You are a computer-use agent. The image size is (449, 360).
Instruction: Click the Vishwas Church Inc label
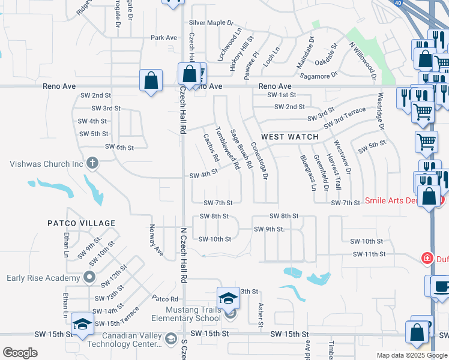point(46,163)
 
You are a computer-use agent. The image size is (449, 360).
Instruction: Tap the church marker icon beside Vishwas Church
point(92,163)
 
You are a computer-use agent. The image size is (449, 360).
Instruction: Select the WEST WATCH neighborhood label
point(290,137)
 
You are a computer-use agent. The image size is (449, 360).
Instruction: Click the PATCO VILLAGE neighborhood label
point(81,223)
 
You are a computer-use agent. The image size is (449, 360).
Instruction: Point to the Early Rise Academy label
point(43,278)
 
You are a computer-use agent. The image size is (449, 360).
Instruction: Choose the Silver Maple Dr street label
point(211,23)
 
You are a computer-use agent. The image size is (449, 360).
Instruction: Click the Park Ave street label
point(164,38)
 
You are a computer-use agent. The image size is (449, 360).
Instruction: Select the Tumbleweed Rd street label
point(228,148)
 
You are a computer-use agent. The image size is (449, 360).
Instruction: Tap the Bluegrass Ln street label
point(308,173)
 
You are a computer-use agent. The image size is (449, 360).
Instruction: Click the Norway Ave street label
point(155,241)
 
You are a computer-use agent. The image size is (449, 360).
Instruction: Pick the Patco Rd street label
point(165,298)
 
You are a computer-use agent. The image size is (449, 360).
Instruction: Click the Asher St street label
point(260,314)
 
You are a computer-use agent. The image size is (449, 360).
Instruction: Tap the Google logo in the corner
point(20,352)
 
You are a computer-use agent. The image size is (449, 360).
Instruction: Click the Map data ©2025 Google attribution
point(412,355)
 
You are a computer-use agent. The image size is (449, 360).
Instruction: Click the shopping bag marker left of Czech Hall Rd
point(151,81)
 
